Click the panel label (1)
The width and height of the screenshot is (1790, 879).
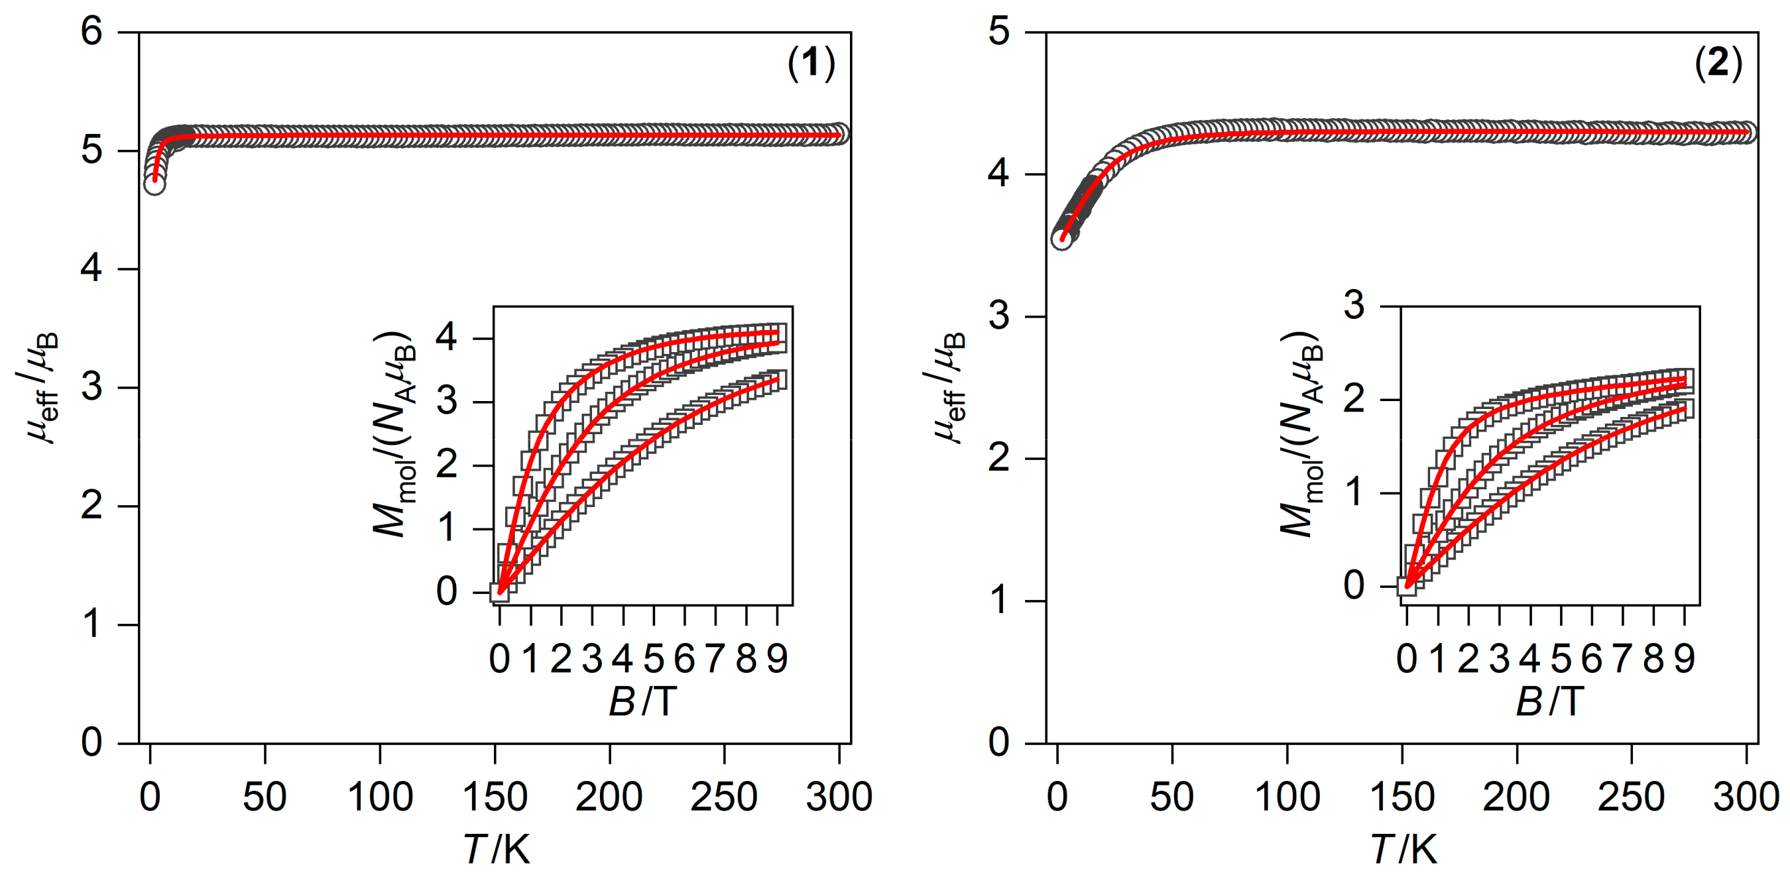pyautogui.click(x=811, y=64)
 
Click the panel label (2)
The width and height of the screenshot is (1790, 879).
pyautogui.click(x=1718, y=64)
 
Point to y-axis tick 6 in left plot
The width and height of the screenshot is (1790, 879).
pyautogui.click(x=91, y=32)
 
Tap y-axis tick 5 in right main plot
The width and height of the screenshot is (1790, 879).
pyautogui.click(x=998, y=32)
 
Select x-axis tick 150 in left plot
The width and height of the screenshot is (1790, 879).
pyautogui.click(x=495, y=796)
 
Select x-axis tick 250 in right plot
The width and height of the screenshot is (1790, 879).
pyautogui.click(x=1631, y=796)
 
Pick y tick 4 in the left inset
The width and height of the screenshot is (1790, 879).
pyautogui.click(x=447, y=337)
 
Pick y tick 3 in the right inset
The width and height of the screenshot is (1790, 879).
pyautogui.click(x=1354, y=305)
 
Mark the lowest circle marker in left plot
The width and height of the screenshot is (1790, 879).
pyautogui.click(x=154, y=184)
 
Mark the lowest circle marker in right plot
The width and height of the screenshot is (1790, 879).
pyautogui.click(x=1061, y=239)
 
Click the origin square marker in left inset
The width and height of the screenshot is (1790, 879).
pyautogui.click(x=500, y=592)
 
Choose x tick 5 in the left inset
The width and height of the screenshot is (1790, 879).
pyautogui.click(x=653, y=658)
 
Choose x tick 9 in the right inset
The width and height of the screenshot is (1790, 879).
pyautogui.click(x=1684, y=658)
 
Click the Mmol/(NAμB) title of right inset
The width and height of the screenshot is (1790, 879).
pyautogui.click(x=1301, y=434)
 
